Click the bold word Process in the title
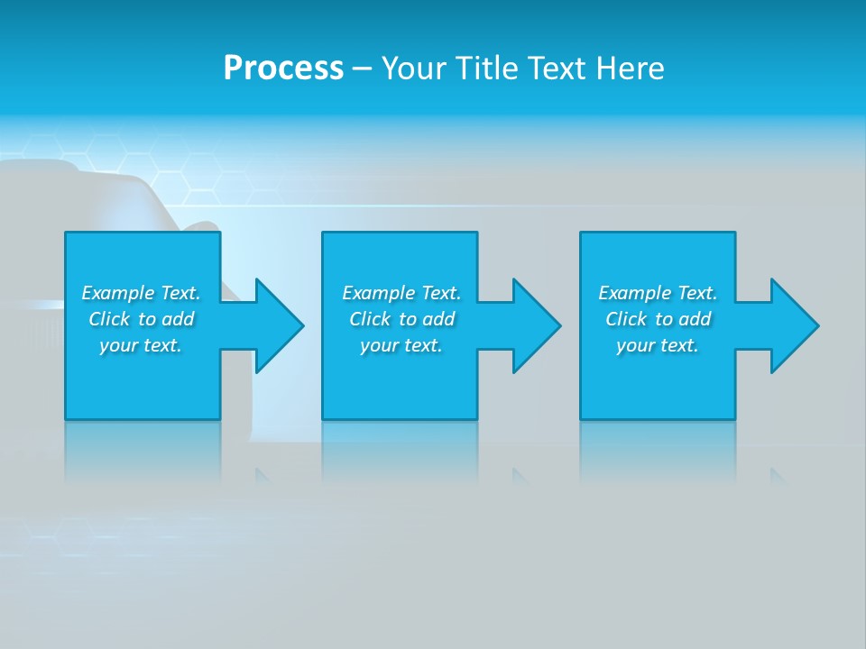pos(283,69)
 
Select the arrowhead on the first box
pos(279,325)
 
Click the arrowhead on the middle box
pos(537,325)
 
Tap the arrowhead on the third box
pos(794,325)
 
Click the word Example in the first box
pos(118,293)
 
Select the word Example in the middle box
pos(379,293)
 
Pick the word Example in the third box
pos(635,293)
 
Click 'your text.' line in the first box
pos(142,345)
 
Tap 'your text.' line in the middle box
pos(401,345)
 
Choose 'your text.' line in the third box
pos(658,345)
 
